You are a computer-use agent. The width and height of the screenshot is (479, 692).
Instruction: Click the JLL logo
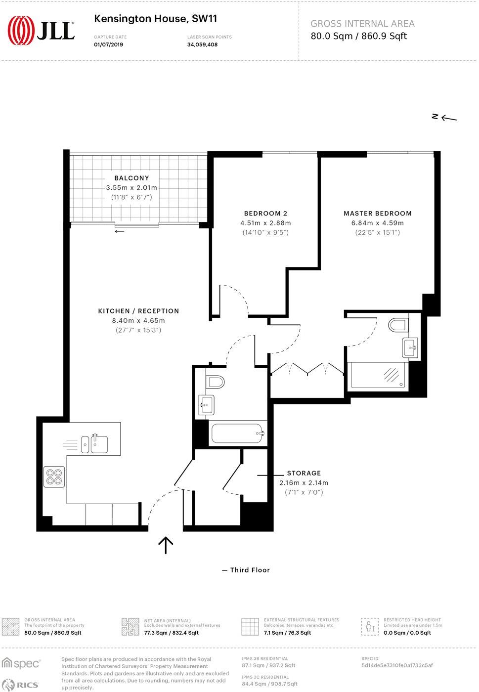tap(41, 30)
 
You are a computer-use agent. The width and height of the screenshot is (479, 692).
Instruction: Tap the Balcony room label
tap(131, 178)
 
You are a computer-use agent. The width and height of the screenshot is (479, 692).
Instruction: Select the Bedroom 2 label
tap(265, 214)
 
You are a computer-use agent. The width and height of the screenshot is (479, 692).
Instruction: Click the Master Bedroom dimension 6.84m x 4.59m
tap(378, 223)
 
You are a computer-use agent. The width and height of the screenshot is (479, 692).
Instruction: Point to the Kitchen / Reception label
tap(138, 311)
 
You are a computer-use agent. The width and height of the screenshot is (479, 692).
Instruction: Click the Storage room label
tap(304, 473)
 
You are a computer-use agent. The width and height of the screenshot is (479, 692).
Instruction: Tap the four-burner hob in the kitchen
tap(54, 476)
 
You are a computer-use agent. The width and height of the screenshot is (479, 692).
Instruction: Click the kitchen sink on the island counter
tap(99, 443)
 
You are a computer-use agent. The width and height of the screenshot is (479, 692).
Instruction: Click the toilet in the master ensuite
tap(398, 325)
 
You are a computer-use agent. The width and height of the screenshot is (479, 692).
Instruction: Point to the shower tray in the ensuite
tap(380, 375)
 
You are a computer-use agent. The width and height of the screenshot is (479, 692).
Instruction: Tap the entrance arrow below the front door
tap(166, 545)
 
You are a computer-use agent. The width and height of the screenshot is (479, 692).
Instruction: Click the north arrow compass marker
tap(444, 117)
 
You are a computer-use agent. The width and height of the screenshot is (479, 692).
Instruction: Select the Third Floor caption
tap(250, 570)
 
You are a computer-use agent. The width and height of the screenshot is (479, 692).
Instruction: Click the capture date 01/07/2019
tap(108, 44)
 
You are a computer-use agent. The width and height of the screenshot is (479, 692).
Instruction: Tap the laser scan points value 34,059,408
tap(202, 44)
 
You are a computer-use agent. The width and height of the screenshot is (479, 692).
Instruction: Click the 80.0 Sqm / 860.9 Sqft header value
tap(358, 36)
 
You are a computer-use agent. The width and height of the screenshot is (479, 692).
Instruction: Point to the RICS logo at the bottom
tap(21, 685)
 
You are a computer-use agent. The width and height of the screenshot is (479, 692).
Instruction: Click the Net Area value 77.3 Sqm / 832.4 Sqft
tap(171, 633)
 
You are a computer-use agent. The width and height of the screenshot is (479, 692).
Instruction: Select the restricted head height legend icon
tap(369, 626)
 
